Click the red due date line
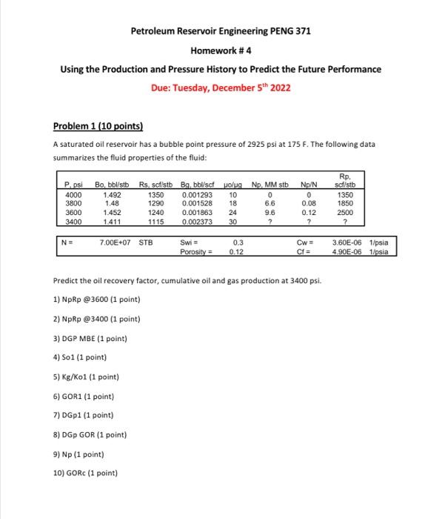221,87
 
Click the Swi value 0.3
238,241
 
